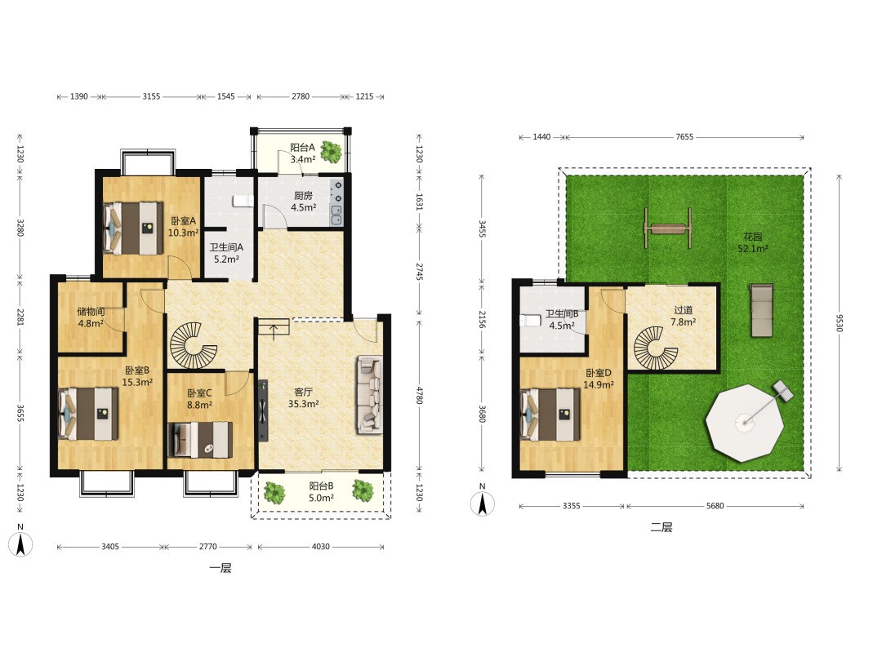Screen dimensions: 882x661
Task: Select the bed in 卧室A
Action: [x=133, y=228]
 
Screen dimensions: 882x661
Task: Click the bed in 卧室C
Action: [x=200, y=440]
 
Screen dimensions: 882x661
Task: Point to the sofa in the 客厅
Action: [x=369, y=395]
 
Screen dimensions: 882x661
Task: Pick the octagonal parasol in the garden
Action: [x=745, y=422]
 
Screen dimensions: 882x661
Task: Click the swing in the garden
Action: [x=668, y=228]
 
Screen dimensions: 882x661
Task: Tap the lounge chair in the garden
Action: [x=762, y=310]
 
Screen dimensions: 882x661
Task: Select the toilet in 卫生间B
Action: [x=530, y=321]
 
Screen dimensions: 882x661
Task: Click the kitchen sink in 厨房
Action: [x=336, y=215]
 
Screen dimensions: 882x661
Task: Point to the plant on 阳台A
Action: [x=331, y=151]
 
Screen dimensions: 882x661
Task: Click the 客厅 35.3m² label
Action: [x=303, y=398]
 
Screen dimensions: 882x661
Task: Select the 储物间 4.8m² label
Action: [x=91, y=317]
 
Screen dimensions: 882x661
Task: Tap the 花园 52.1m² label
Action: [x=753, y=243]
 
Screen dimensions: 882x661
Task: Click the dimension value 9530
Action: [x=839, y=322]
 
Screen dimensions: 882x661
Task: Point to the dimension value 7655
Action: [x=684, y=136]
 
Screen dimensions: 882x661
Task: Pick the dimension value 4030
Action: [x=321, y=546]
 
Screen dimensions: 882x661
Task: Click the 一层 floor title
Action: [x=220, y=568]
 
